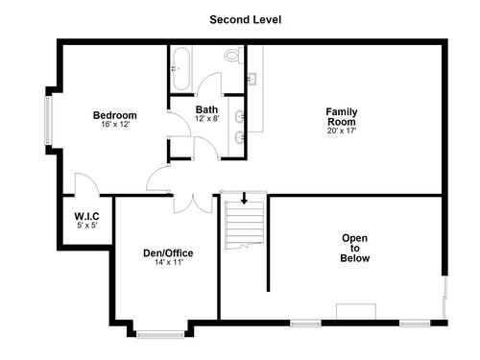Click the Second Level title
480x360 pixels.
(246, 20)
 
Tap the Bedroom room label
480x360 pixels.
(115, 115)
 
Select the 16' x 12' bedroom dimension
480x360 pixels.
(115, 124)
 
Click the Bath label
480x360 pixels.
(206, 109)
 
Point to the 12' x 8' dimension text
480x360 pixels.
(207, 119)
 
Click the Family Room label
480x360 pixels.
(342, 117)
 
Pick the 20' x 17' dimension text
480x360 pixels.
(342, 131)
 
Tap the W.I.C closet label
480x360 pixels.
(86, 216)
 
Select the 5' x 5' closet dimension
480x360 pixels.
(87, 226)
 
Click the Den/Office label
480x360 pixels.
(168, 253)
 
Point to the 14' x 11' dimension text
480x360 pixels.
(169, 262)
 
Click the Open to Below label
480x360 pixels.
(354, 248)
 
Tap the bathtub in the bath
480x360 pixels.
(181, 68)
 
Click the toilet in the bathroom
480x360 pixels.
(233, 55)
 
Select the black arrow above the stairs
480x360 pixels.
(244, 198)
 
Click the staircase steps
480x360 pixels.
(244, 225)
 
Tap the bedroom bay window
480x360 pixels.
(48, 120)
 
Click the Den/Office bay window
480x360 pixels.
(160, 334)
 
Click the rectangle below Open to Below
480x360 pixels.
(356, 312)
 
